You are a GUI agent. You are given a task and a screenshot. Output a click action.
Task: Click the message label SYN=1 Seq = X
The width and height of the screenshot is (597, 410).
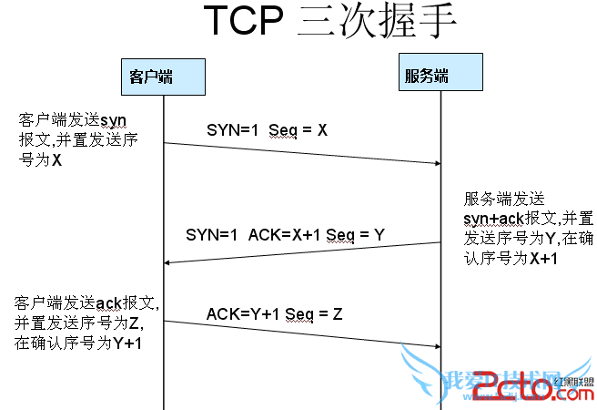point(266,130)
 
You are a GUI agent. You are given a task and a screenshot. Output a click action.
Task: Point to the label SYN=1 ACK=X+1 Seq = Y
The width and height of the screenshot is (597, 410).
point(285,234)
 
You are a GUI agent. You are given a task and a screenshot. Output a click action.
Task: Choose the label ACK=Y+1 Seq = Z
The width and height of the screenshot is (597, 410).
point(274,314)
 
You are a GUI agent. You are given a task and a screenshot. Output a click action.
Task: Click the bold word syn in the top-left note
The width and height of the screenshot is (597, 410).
point(112,121)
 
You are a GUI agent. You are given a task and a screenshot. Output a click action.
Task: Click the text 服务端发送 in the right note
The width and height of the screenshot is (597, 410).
point(503,200)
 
